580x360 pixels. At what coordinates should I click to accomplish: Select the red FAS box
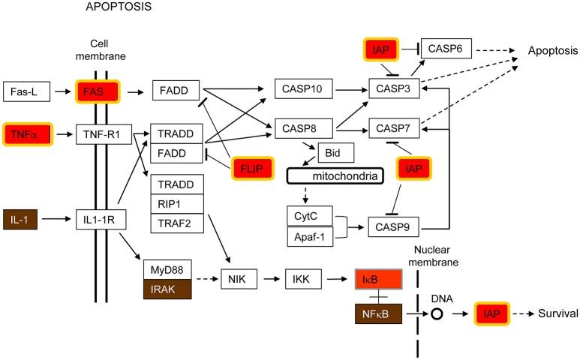coord(98,91)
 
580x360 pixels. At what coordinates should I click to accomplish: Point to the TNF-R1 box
coord(103,135)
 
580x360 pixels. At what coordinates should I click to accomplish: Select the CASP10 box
coord(303,89)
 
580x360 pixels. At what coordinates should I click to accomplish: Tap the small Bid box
coord(335,152)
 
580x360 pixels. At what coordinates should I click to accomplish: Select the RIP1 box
coord(177,203)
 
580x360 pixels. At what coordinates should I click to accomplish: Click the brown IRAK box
coord(169,288)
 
